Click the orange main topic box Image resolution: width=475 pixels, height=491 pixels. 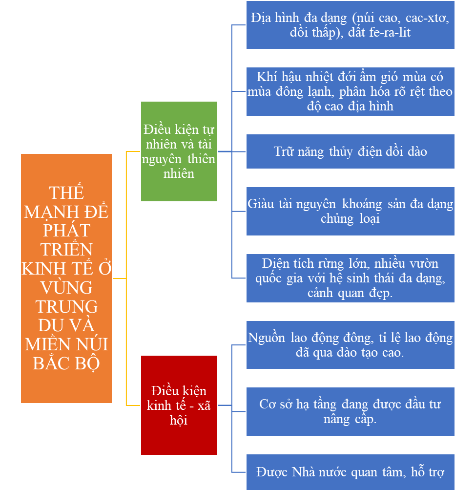[66, 278]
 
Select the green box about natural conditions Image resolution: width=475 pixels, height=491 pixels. [179, 151]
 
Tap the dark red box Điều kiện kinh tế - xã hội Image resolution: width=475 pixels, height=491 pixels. [179, 405]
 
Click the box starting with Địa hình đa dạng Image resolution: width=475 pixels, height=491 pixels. [350, 25]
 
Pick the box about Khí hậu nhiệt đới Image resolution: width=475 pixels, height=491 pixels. [350, 91]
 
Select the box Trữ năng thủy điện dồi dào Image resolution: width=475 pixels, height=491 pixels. [350, 151]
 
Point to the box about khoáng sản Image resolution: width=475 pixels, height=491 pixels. [350, 211]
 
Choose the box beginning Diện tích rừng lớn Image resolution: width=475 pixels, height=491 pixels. [350, 278]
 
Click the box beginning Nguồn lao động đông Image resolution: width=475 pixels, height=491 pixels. [350, 344]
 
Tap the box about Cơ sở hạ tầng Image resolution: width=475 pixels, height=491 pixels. [350, 411]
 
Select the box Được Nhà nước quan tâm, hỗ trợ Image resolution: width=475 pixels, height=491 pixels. [350, 472]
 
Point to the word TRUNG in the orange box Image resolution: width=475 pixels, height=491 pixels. [66, 306]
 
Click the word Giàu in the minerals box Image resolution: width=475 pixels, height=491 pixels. [261, 204]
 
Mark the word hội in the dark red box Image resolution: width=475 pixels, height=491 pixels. [179, 420]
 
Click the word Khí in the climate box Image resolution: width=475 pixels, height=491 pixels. [267, 77]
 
